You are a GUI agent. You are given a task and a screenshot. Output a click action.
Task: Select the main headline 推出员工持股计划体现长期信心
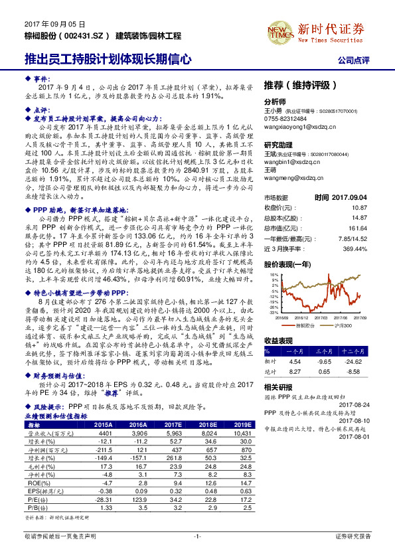108,59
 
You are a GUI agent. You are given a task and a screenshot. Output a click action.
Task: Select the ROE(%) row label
35,484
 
